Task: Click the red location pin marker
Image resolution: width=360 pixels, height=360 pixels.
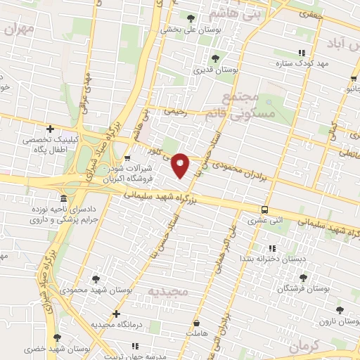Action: (181, 165)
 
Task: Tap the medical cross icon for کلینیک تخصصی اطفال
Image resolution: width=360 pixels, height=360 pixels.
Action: (50, 129)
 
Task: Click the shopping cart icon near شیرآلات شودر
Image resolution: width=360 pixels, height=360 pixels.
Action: (127, 158)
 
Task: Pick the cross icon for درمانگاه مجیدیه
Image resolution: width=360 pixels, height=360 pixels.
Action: (117, 314)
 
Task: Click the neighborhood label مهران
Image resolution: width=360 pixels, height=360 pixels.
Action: (18, 29)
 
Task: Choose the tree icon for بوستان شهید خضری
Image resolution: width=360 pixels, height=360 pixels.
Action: (58, 338)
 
